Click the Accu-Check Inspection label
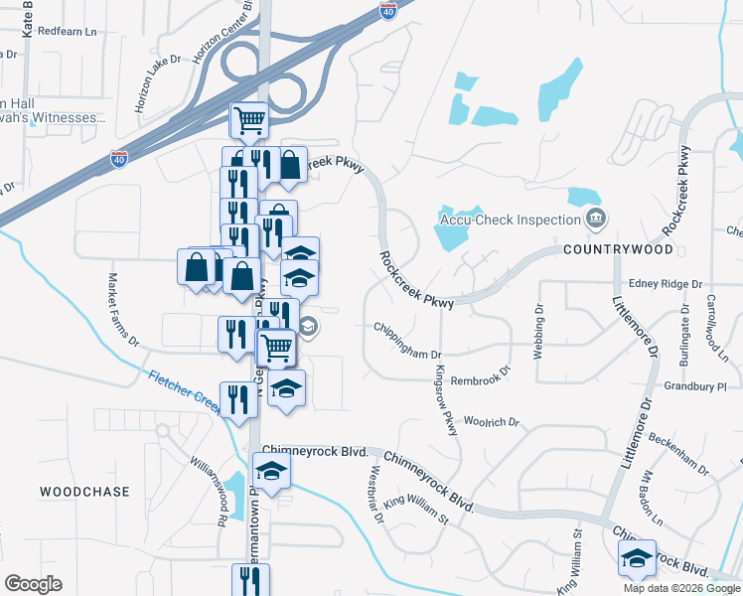pyautogui.click(x=509, y=220)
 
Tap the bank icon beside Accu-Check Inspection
pyautogui.click(x=595, y=218)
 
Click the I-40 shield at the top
pyautogui.click(x=389, y=11)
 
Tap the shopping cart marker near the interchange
pyautogui.click(x=249, y=121)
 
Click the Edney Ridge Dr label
pyautogui.click(x=666, y=284)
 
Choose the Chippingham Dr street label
pyautogui.click(x=407, y=340)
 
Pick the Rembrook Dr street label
pyautogui.click(x=480, y=374)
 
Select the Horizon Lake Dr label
pyautogui.click(x=159, y=81)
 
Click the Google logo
pyautogui.click(x=33, y=584)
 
